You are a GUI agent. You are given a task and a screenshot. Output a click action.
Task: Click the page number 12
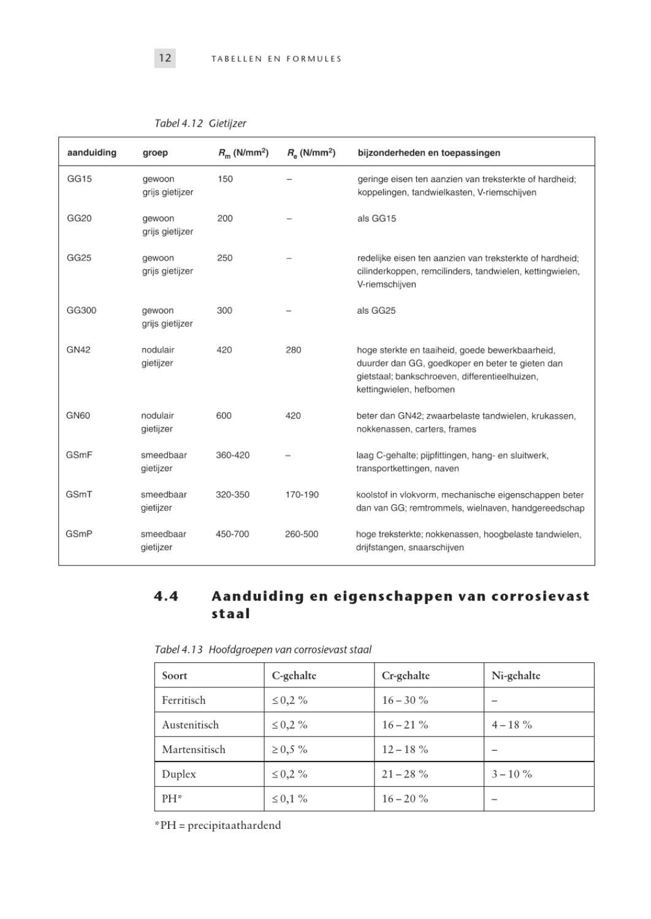pyautogui.click(x=164, y=58)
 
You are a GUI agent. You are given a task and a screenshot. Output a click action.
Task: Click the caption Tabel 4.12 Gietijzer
pyautogui.click(x=200, y=123)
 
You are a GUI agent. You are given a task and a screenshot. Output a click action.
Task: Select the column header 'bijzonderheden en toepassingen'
pyautogui.click(x=428, y=153)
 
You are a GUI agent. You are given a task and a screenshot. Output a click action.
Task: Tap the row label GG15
pyautogui.click(x=79, y=179)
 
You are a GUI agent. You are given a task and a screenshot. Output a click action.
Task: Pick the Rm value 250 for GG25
pyautogui.click(x=224, y=258)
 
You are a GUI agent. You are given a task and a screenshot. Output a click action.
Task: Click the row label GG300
pyautogui.click(x=81, y=311)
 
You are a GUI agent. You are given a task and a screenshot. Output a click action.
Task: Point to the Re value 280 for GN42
pyautogui.click(x=293, y=350)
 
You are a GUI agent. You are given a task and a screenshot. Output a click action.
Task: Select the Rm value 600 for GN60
pyautogui.click(x=224, y=415)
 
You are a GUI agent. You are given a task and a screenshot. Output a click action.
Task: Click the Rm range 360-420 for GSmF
pyautogui.click(x=232, y=455)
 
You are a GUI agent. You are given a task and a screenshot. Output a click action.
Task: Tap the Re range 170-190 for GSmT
pyautogui.click(x=302, y=494)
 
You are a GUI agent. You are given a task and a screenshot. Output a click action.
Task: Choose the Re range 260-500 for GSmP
pyautogui.click(x=302, y=534)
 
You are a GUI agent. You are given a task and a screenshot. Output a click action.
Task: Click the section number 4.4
pyautogui.click(x=166, y=596)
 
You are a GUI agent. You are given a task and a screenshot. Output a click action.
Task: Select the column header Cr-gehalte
pyautogui.click(x=405, y=675)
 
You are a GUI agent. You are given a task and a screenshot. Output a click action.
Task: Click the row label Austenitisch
pyautogui.click(x=190, y=725)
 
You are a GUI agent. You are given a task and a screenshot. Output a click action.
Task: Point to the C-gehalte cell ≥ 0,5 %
pyautogui.click(x=289, y=749)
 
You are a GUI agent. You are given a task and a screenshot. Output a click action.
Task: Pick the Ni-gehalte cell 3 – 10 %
pyautogui.click(x=511, y=774)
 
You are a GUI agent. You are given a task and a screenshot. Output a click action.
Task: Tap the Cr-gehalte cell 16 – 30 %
pyautogui.click(x=405, y=700)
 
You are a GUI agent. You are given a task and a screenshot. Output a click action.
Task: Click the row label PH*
pyautogui.click(x=172, y=799)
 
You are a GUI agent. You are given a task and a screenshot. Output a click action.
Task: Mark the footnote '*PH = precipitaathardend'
pyautogui.click(x=218, y=825)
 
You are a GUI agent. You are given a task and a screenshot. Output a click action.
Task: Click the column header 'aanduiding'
pyautogui.click(x=91, y=153)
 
